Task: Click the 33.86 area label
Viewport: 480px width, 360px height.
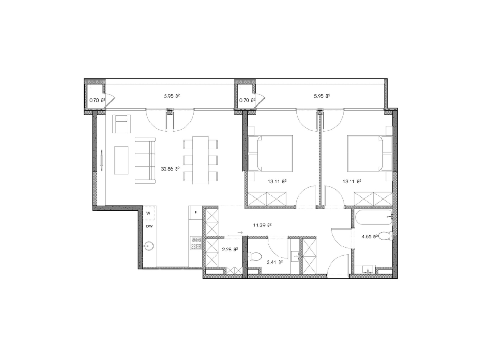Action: pyautogui.click(x=170, y=169)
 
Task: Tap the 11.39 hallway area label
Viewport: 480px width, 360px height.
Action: pyautogui.click(x=262, y=225)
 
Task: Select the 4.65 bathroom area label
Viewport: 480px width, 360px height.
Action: pyautogui.click(x=370, y=236)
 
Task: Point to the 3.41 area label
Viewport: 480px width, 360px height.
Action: pyautogui.click(x=275, y=262)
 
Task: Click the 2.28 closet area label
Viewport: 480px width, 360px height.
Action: pyautogui.click(x=230, y=249)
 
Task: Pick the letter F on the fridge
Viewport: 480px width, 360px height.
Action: pyautogui.click(x=196, y=212)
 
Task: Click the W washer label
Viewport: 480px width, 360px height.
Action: pyautogui.click(x=148, y=213)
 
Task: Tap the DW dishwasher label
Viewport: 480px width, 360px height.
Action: pyautogui.click(x=149, y=226)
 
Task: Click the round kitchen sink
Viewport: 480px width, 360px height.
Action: pyautogui.click(x=149, y=246)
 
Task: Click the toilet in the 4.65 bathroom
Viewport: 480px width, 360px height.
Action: pyautogui.click(x=386, y=236)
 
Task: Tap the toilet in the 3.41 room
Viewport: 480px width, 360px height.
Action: pyautogui.click(x=254, y=256)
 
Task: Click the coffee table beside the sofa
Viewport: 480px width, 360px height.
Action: pyautogui.click(x=121, y=160)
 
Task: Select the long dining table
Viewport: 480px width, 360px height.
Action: pyautogui.click(x=200, y=160)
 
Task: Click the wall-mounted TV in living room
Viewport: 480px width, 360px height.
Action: pyautogui.click(x=102, y=160)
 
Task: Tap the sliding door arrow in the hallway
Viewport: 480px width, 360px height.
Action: pyautogui.click(x=240, y=232)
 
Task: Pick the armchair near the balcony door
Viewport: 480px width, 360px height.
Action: pyautogui.click(x=122, y=124)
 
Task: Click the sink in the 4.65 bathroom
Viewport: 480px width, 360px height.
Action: pyautogui.click(x=367, y=269)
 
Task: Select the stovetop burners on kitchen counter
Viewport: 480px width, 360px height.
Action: pyautogui.click(x=196, y=243)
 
